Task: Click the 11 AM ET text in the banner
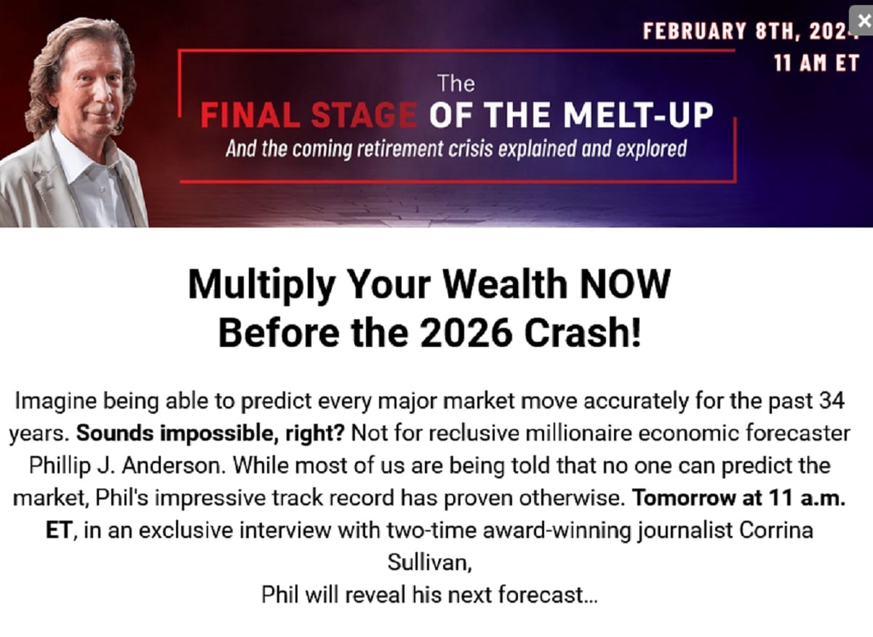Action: [x=816, y=63]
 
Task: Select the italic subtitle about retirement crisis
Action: [x=456, y=150]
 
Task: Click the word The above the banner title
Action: [x=456, y=84]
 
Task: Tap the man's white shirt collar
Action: [x=73, y=149]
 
